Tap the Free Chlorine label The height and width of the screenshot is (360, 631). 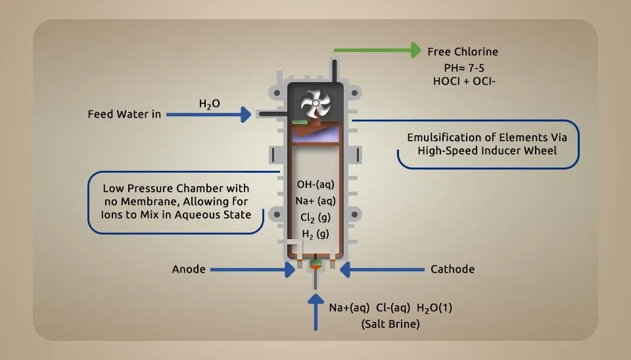(462, 52)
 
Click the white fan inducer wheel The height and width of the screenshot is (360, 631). (315, 103)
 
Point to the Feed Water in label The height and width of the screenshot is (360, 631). (124, 114)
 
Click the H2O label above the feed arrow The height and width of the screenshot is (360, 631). (209, 104)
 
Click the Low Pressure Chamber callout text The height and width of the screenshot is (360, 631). (175, 201)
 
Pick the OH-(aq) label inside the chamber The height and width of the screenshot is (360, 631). (315, 184)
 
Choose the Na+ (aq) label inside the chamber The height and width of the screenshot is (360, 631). (315, 200)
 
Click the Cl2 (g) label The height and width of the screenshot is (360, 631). (315, 217)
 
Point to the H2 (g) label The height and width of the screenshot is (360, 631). (315, 234)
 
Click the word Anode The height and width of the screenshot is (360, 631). (189, 269)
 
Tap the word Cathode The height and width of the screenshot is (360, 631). (452, 269)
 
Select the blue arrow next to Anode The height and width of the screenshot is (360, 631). (252, 269)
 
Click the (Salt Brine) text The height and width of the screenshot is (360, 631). (390, 325)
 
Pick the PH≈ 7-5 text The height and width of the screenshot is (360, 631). (462, 67)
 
